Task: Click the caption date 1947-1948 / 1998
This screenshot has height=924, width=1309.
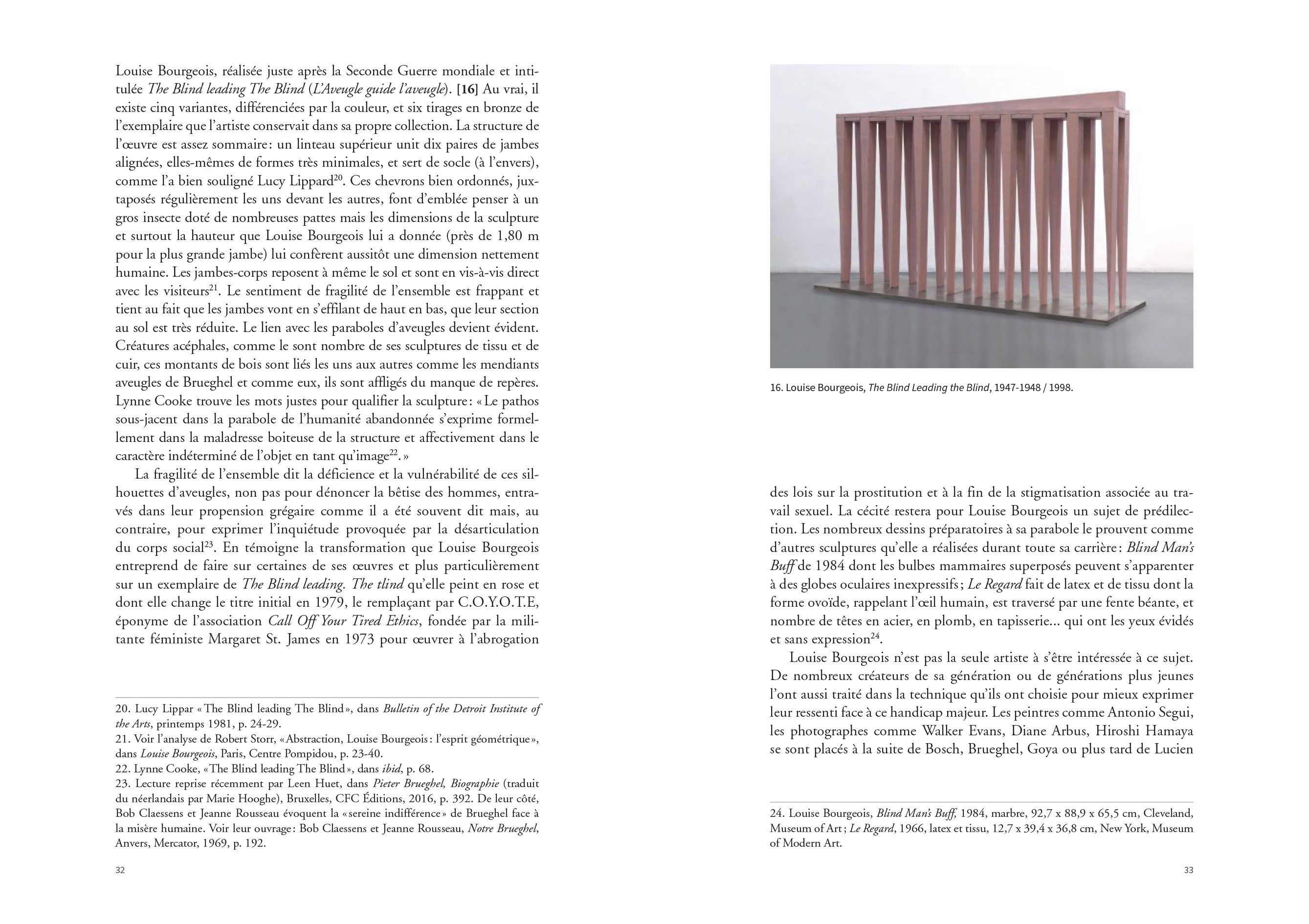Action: click(x=1033, y=388)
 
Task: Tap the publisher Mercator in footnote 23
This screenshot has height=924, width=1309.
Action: click(x=175, y=843)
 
